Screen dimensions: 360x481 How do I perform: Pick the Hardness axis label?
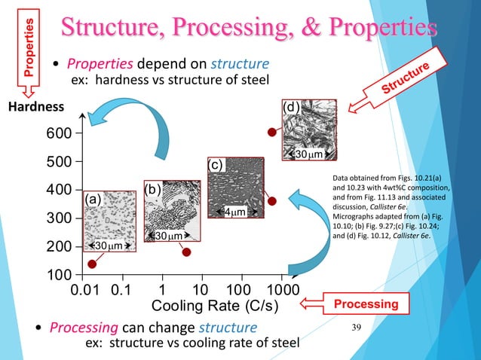click(33, 108)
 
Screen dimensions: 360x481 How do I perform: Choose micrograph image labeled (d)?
click(308, 133)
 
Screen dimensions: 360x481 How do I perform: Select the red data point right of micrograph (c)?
click(272, 201)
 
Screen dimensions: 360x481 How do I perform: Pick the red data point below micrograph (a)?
click(93, 264)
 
